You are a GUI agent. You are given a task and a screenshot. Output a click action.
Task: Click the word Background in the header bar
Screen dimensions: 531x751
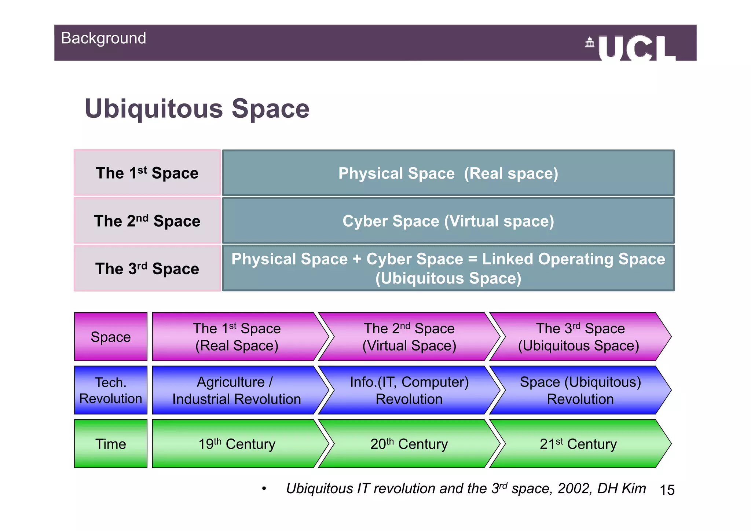[103, 38]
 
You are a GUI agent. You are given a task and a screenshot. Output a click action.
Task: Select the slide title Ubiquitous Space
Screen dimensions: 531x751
[197, 109]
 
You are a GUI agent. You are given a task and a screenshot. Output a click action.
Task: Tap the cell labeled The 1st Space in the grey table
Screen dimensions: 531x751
[147, 173]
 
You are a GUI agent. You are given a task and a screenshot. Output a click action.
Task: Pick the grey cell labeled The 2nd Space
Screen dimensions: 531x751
[147, 221]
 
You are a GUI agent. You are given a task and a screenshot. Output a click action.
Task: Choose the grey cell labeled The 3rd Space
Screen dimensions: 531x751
[147, 268]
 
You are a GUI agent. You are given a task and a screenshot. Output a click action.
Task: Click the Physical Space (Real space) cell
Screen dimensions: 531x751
[448, 173]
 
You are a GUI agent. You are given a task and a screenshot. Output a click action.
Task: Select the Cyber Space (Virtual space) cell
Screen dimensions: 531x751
[448, 221]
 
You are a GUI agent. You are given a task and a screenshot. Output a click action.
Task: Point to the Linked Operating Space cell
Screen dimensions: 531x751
[448, 268]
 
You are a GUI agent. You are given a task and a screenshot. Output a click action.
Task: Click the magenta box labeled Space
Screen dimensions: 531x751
[110, 337]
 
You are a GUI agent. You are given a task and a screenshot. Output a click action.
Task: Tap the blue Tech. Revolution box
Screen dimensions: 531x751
[110, 390]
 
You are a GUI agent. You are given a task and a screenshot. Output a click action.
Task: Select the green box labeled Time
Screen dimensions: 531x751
[110, 444]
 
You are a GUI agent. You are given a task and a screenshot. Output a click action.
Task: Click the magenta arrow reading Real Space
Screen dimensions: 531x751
[237, 337]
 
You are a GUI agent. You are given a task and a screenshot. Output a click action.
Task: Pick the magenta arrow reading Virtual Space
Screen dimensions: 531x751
[409, 337]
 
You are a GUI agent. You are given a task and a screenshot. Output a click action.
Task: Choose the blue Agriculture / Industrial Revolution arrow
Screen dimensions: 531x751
[237, 390]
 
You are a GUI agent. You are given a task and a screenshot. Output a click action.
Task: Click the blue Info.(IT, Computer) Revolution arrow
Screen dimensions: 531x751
[409, 390]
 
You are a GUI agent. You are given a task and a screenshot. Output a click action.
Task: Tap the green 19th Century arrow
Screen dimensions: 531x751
[237, 444]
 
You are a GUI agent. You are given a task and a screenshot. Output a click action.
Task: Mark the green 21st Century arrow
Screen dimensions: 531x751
[578, 444]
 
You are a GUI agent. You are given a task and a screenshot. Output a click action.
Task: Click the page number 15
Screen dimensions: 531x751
[667, 490]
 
